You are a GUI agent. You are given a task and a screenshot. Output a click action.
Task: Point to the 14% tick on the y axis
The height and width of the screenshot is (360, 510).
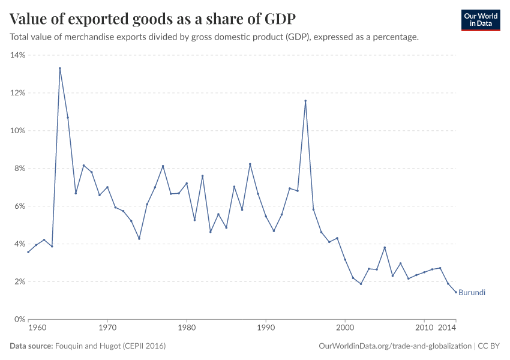(17, 55)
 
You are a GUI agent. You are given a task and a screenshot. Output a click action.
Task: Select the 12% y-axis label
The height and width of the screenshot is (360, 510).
(17, 93)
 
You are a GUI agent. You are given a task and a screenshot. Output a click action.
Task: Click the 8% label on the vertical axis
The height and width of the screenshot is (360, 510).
(19, 169)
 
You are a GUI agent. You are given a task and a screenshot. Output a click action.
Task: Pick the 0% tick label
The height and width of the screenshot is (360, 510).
(19, 319)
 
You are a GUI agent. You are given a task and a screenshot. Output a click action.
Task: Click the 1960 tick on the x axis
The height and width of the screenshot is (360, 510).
(37, 328)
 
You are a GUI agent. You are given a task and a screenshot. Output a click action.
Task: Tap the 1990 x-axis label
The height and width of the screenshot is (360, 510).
(266, 328)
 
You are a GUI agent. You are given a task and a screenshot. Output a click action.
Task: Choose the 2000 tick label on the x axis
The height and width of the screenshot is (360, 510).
(345, 328)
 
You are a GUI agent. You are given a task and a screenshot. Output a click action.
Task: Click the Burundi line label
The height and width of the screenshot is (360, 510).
(472, 293)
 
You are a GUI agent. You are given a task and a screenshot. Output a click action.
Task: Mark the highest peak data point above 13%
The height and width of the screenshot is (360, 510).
(60, 68)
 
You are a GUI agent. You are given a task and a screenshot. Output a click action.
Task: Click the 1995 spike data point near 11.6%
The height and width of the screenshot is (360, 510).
(305, 101)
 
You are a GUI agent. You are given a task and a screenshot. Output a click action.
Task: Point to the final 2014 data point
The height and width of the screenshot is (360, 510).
(456, 292)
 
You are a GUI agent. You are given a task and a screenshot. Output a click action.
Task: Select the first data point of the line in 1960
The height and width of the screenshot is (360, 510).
(28, 252)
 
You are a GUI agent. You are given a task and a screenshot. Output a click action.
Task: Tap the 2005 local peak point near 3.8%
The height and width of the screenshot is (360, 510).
(385, 247)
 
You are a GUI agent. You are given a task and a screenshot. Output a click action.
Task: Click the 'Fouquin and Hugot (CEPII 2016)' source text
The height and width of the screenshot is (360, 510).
(110, 346)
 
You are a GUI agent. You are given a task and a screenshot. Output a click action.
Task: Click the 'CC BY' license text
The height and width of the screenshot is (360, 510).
(489, 346)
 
